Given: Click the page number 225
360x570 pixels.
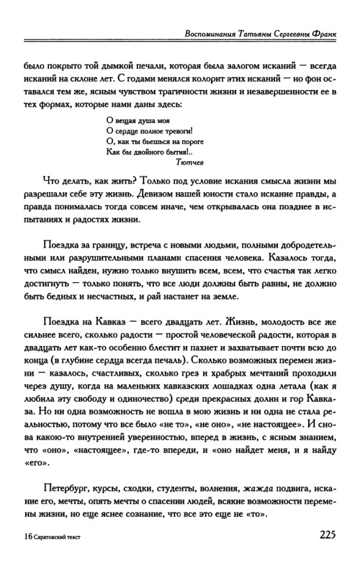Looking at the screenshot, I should click(320, 535).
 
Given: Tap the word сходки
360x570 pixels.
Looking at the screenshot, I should click(129, 478).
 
